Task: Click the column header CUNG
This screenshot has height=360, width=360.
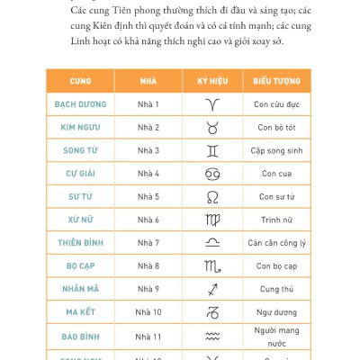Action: pyautogui.click(x=80, y=81)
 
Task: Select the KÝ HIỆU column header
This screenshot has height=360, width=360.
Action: pyautogui.click(x=212, y=81)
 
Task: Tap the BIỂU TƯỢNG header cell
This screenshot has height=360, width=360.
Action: pyautogui.click(x=276, y=81)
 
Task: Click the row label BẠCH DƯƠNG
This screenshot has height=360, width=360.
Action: pyautogui.click(x=80, y=104)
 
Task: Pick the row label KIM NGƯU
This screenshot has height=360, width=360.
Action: pyautogui.click(x=80, y=128)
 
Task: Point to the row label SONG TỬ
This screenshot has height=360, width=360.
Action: pyautogui.click(x=80, y=150)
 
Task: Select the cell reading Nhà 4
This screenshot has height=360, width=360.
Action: pyautogui.click(x=148, y=174)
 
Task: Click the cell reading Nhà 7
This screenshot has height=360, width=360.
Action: pyautogui.click(x=148, y=243)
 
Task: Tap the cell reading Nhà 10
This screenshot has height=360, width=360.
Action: pyautogui.click(x=148, y=312)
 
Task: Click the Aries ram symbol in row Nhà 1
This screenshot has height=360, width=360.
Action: pyautogui.click(x=212, y=105)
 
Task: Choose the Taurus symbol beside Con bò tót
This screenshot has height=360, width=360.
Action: pyautogui.click(x=212, y=128)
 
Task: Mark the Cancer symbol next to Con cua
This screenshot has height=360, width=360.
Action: pyautogui.click(x=212, y=174)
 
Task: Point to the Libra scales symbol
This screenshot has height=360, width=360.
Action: pyautogui.click(x=212, y=243)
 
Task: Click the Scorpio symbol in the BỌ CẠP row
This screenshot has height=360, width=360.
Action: pyautogui.click(x=212, y=266)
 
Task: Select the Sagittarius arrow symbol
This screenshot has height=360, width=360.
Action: pyautogui.click(x=212, y=289)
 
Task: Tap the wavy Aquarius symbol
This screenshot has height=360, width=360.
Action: pyautogui.click(x=212, y=336)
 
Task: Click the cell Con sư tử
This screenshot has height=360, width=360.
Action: pyautogui.click(x=276, y=197)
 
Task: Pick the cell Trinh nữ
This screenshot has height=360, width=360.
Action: pyautogui.click(x=276, y=220)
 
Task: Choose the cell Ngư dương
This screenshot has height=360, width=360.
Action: pyautogui.click(x=276, y=312)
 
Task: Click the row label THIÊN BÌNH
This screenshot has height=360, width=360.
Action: pyautogui.click(x=80, y=243)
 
